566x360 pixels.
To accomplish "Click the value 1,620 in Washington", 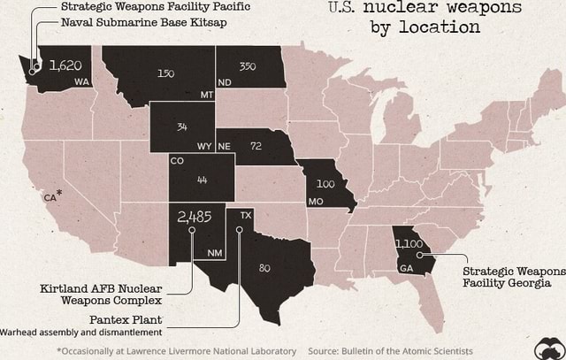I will [x=65, y=65].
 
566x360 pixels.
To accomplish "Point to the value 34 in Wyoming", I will [x=181, y=127].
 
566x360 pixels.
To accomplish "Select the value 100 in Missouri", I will [x=325, y=184].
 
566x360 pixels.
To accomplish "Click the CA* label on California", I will [x=52, y=196].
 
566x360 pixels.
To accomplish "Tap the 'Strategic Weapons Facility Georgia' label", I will [x=513, y=277].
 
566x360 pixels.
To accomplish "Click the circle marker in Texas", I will [x=239, y=229].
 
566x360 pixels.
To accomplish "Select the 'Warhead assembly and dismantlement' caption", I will [x=80, y=333].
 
